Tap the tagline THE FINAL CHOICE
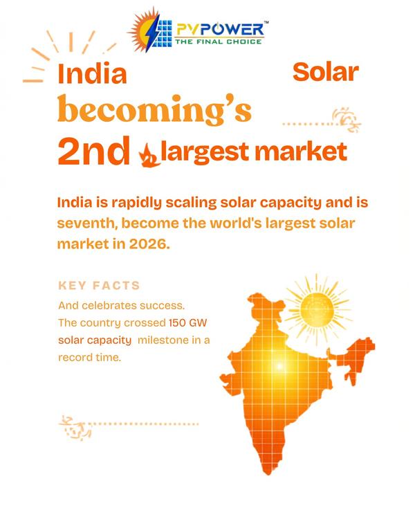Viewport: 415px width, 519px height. [219, 42]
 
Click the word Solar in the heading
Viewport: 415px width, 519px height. [326, 73]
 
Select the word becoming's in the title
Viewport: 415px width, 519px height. [154, 109]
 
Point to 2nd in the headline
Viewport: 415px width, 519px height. [93, 151]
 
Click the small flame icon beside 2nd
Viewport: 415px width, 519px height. [149, 155]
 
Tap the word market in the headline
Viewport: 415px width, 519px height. [301, 152]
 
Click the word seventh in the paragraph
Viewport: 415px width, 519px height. [85, 224]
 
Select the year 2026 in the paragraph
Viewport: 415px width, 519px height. [149, 244]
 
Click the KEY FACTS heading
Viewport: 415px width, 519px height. [99, 285]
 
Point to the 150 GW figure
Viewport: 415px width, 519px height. [187, 322]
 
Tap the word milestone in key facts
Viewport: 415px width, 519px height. [163, 340]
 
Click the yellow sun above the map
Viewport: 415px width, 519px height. [317, 310]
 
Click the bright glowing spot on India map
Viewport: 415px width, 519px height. [279, 366]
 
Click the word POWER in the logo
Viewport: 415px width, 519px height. [232, 30]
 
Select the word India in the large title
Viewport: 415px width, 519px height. [92, 73]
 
